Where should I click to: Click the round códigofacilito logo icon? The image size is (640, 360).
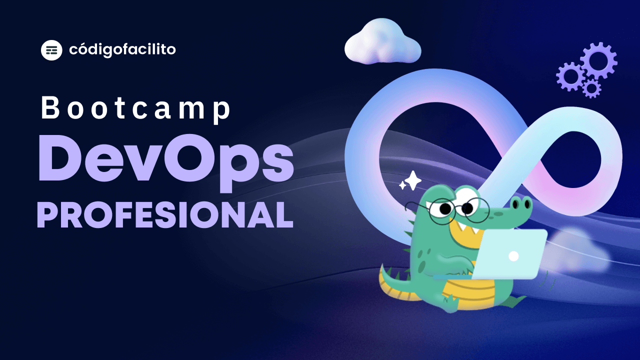(51, 49)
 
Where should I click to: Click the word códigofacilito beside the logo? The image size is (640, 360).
(122, 49)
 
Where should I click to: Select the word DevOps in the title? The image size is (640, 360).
(165, 159)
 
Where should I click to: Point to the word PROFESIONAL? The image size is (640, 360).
(165, 215)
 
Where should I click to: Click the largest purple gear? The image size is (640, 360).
(598, 60)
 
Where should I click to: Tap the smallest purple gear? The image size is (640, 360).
(592, 88)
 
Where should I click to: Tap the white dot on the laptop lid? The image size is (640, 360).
(513, 256)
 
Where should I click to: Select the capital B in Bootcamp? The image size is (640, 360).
(50, 108)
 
